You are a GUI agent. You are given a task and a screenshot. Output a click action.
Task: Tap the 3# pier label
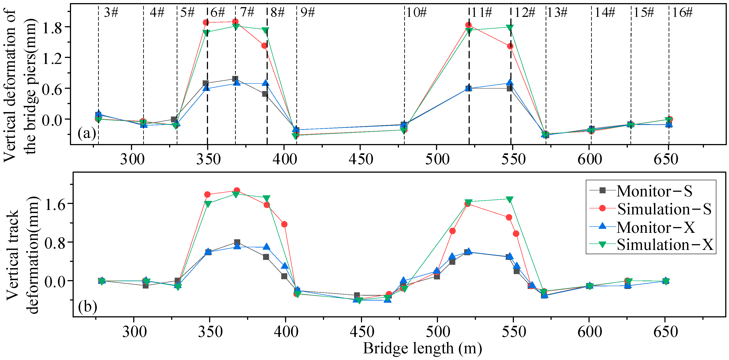coord(111,12)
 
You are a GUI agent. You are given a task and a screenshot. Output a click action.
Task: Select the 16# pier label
coord(682,12)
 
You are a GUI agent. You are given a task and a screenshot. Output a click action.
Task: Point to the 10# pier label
coord(416,12)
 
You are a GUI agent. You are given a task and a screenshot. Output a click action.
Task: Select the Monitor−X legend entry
coord(656,227)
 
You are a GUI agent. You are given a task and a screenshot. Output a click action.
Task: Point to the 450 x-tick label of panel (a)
coord(361,159)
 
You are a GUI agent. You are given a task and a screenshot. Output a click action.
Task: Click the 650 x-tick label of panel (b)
coord(665,332)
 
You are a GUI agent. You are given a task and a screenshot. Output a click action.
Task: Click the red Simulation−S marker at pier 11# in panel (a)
coord(468,25)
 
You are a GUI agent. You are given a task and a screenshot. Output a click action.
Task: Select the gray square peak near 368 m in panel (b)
coord(237,242)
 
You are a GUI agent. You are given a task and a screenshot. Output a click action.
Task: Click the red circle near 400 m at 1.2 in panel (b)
coord(284,224)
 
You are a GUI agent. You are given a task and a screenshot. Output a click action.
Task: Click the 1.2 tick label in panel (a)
coord(52,59)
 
